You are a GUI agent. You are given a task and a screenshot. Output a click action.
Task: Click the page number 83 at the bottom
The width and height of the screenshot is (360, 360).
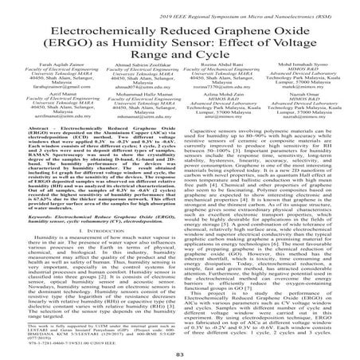point(180,350)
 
